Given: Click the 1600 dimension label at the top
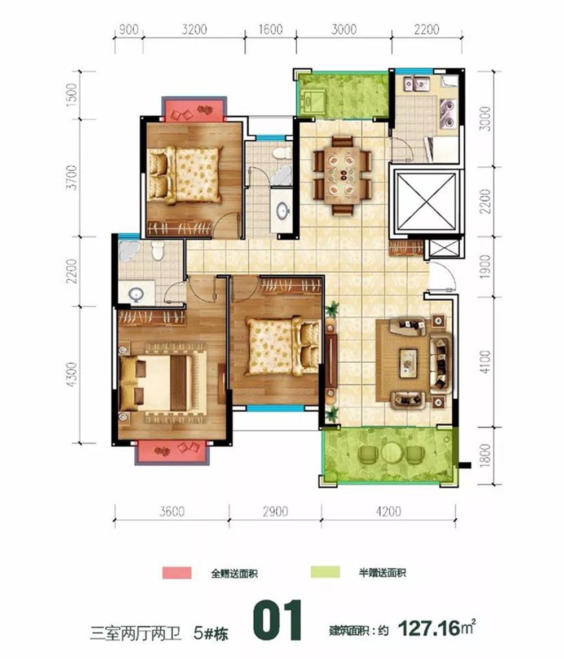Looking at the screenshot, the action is tap(271, 29).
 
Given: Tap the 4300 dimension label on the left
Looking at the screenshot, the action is tap(72, 374).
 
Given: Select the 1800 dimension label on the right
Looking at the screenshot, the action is tap(485, 455).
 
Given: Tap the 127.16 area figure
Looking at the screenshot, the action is tap(429, 629).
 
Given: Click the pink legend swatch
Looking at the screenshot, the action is tap(177, 572).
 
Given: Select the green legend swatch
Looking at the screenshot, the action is tap(325, 572).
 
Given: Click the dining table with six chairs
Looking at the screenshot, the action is tap(342, 175).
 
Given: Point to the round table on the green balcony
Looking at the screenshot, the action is tap(393, 453).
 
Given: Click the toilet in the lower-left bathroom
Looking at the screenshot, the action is tap(157, 250).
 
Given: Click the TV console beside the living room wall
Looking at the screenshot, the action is tap(332, 360).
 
